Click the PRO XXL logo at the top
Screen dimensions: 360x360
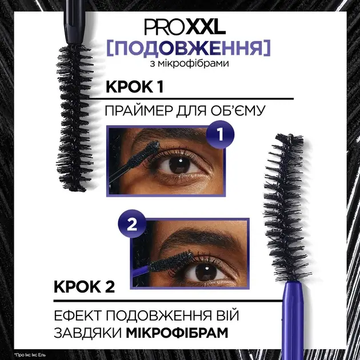185,27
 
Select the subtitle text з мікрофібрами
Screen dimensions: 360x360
189,63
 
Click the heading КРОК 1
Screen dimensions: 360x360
135,87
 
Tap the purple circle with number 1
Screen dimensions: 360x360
220,134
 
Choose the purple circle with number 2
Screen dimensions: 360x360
132,223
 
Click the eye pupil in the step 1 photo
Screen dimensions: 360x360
179,165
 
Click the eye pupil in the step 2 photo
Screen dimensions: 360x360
206,271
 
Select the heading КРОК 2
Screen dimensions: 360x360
84,287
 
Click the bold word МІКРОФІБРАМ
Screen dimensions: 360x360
177,333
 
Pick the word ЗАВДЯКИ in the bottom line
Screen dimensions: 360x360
88,333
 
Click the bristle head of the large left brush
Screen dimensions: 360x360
75,118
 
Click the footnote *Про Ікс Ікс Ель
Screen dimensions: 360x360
30,355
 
